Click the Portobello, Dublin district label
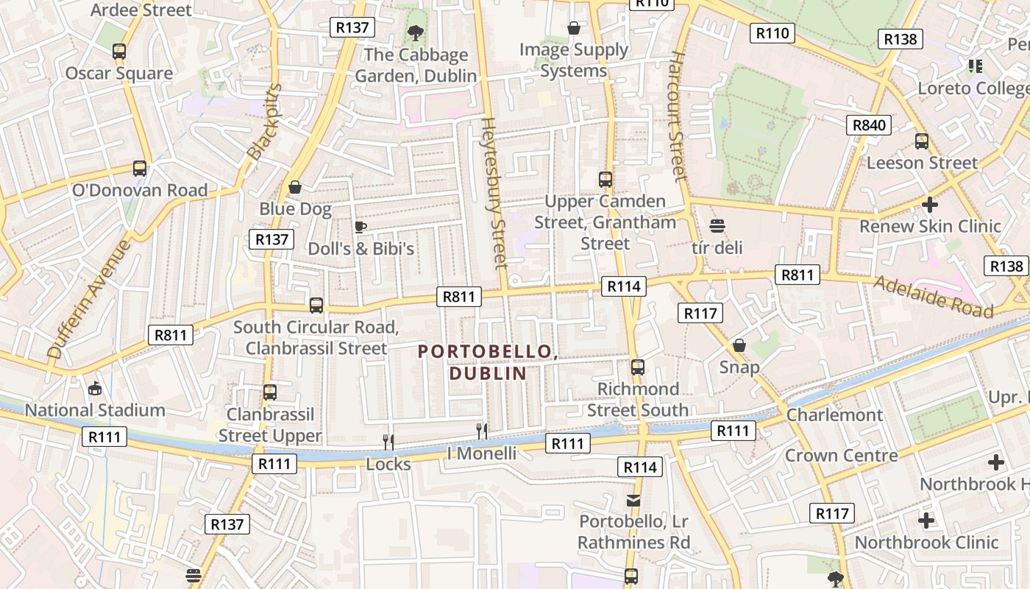click(x=486, y=362)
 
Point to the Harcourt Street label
click(x=678, y=116)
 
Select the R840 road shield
click(x=868, y=125)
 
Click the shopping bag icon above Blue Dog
click(x=295, y=187)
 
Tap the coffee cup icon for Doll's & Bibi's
click(x=360, y=227)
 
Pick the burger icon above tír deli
click(x=717, y=226)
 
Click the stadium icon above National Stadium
click(x=94, y=388)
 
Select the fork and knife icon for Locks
click(x=388, y=442)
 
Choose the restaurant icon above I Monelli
click(x=482, y=431)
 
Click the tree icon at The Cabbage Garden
click(x=416, y=32)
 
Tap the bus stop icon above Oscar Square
click(x=119, y=52)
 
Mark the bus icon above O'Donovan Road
click(x=140, y=168)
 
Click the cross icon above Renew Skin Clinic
click(x=930, y=204)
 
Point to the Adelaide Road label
click(x=933, y=296)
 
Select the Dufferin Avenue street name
click(x=88, y=299)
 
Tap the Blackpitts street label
click(x=264, y=122)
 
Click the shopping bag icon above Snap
click(x=739, y=345)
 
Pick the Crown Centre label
click(x=841, y=455)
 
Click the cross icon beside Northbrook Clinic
click(x=926, y=521)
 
